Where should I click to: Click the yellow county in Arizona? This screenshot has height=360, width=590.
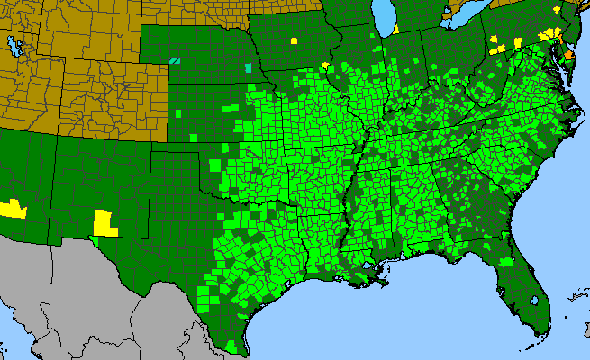coord(13,209)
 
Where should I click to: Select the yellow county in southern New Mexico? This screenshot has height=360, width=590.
coord(106,221)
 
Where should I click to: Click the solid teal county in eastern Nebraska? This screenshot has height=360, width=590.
coord(249,67)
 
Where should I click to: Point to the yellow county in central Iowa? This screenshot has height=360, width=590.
coord(295,40)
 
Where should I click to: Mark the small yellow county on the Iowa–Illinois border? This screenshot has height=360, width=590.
coord(324,64)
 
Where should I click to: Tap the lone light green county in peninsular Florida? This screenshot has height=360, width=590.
coord(507,261)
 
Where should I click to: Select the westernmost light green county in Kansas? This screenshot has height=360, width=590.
coord(181,114)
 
